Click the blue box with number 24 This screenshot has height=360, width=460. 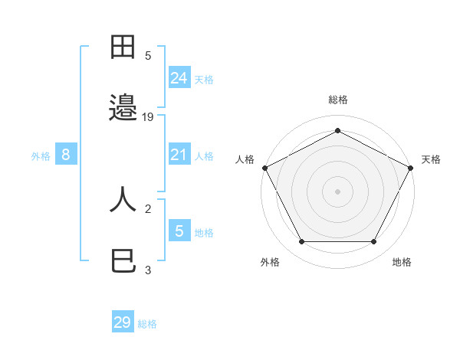click(179, 77)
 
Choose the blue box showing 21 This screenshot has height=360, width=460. click(179, 155)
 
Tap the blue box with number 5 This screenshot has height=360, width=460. click(179, 231)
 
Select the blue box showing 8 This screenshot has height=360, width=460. click(66, 155)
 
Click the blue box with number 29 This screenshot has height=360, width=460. click(123, 322)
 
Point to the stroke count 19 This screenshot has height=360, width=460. click(149, 116)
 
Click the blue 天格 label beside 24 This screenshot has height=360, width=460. click(204, 79)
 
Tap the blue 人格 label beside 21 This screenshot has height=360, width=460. click(204, 156)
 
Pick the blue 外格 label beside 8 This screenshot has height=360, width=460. click(41, 156)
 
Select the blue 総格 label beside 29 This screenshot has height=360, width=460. click(147, 324)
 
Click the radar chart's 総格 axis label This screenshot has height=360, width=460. click(337, 100)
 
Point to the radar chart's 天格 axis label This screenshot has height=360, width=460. click(431, 159)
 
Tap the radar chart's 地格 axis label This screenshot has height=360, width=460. click(402, 262)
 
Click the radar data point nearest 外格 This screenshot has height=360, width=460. click(301, 242)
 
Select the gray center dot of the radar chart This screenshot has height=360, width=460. click(337, 191)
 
